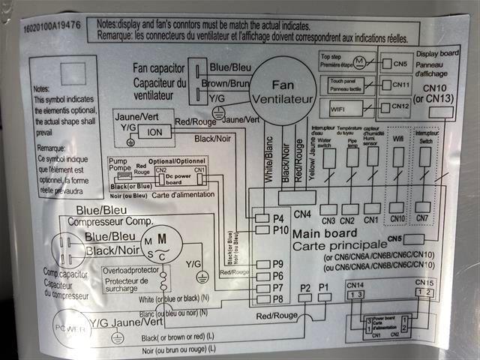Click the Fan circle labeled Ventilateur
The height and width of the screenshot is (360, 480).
pos(283,91)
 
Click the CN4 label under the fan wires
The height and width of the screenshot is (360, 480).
pos(303,213)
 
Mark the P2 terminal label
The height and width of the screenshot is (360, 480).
pos(305,288)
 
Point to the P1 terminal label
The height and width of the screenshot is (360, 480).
pos(324,288)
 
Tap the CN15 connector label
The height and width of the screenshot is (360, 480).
pos(424,283)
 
